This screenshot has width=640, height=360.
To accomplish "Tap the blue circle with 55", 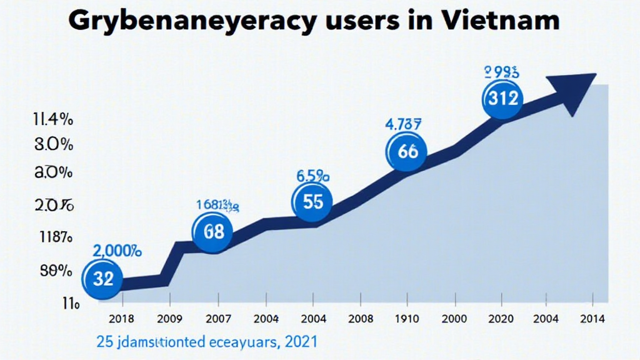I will [x=312, y=202].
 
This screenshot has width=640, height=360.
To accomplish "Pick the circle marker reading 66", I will [x=407, y=152].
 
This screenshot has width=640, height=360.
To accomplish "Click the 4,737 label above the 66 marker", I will [x=403, y=124].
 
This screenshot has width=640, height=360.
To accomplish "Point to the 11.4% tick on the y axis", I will [x=52, y=119].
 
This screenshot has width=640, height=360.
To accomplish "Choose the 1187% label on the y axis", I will [x=54, y=237].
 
